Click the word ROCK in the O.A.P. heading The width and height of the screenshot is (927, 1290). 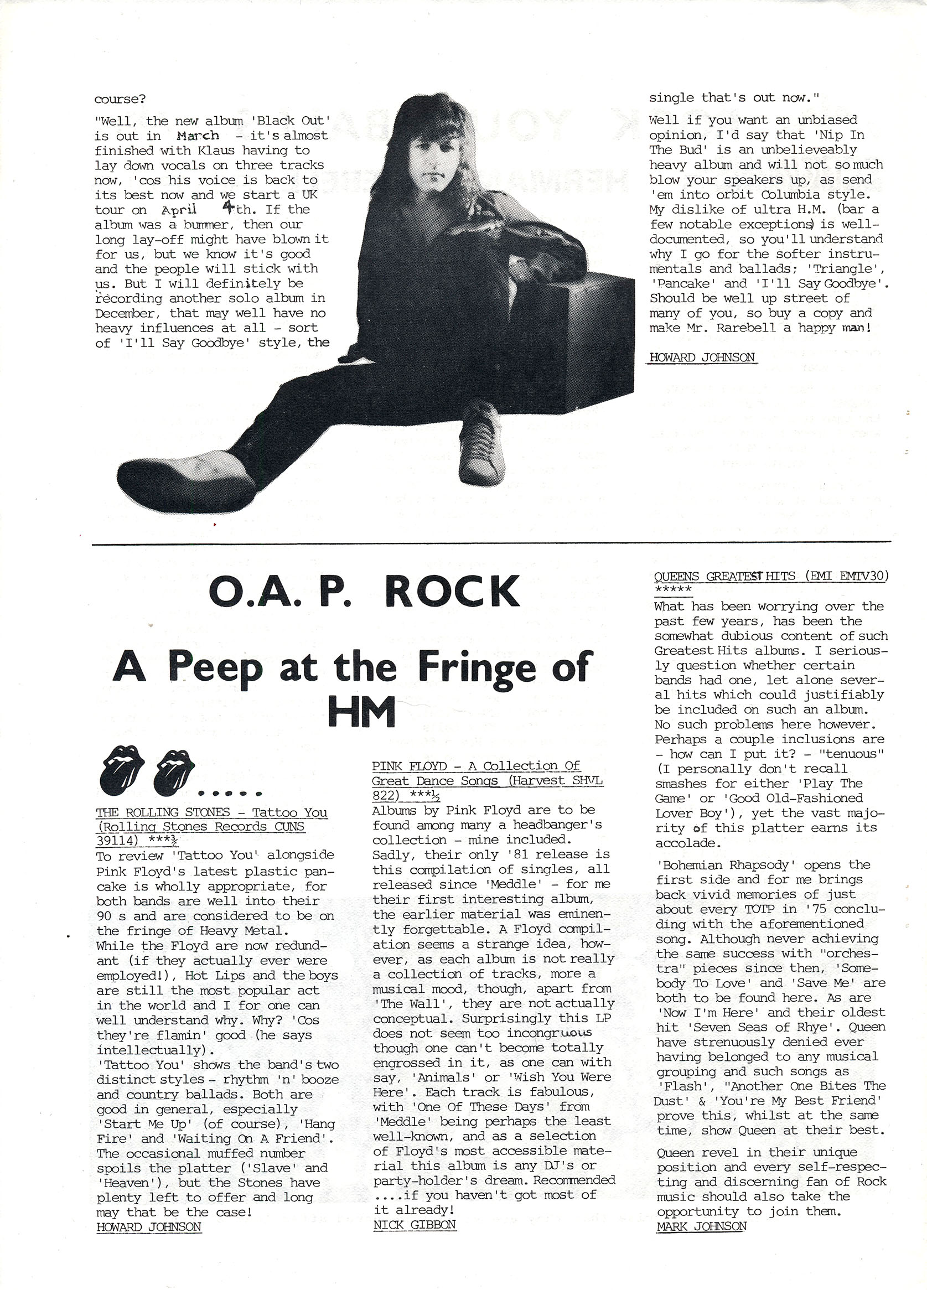pos(452,592)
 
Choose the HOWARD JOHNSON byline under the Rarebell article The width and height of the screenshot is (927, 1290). pos(702,357)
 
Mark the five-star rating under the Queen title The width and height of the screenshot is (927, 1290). pos(673,589)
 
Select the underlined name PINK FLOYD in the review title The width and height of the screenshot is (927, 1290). pos(410,766)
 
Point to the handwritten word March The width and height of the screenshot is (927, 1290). pos(198,136)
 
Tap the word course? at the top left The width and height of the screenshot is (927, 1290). pos(120,99)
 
